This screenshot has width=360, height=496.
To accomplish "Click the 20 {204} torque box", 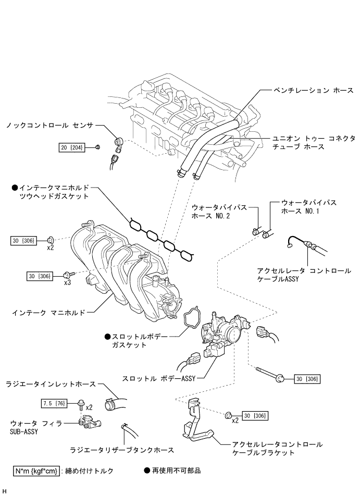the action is click(x=72, y=147).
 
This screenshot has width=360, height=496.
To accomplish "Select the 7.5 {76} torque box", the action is click(x=54, y=403).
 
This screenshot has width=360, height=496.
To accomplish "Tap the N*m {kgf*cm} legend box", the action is click(x=36, y=470).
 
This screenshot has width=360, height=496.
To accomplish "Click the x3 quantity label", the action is click(x=67, y=282).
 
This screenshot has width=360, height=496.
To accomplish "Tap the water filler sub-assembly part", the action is click(x=90, y=423).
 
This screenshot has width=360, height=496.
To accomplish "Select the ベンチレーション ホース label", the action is click(x=313, y=91).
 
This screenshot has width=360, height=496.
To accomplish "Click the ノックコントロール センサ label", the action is click(x=50, y=125).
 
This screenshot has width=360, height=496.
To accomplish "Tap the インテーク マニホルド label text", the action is click(x=48, y=313).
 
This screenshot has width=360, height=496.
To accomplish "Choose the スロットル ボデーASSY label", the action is click(x=159, y=378).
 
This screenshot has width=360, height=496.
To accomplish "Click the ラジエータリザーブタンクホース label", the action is click(x=122, y=450).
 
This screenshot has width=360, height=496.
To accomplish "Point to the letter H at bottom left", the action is click(x=5, y=491).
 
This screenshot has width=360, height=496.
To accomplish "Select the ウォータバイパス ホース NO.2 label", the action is click(x=219, y=212).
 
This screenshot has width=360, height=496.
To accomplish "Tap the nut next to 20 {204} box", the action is click(x=98, y=146).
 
